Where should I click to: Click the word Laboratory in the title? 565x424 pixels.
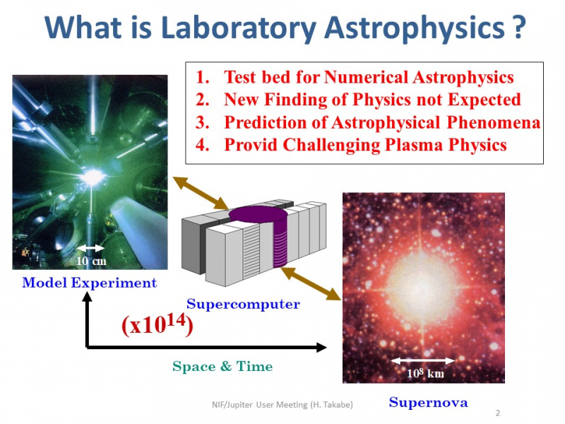tap(238, 29)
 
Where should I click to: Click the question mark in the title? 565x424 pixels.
tap(518, 27)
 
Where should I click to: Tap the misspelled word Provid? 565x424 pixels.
tap(251, 145)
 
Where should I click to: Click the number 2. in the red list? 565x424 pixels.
tap(203, 100)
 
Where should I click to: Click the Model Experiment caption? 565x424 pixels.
tap(90, 283)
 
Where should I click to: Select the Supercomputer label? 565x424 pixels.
tap(243, 305)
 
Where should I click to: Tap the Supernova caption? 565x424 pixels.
tap(429, 402)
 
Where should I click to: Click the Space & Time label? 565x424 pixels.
tap(222, 366)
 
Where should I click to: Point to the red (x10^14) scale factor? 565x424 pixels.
tap(157, 324)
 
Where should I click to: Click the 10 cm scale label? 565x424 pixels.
tap(91, 261)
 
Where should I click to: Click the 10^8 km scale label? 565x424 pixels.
tap(425, 373)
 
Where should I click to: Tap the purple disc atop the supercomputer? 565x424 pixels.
tap(258, 215)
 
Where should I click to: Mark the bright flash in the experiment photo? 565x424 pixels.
tap(93, 177)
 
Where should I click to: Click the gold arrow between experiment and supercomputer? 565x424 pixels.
tap(201, 193)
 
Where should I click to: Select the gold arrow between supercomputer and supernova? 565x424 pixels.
tap(311, 284)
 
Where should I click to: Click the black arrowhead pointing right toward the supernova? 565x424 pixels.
tap(321, 347)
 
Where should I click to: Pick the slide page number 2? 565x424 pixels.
tap(498, 413)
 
